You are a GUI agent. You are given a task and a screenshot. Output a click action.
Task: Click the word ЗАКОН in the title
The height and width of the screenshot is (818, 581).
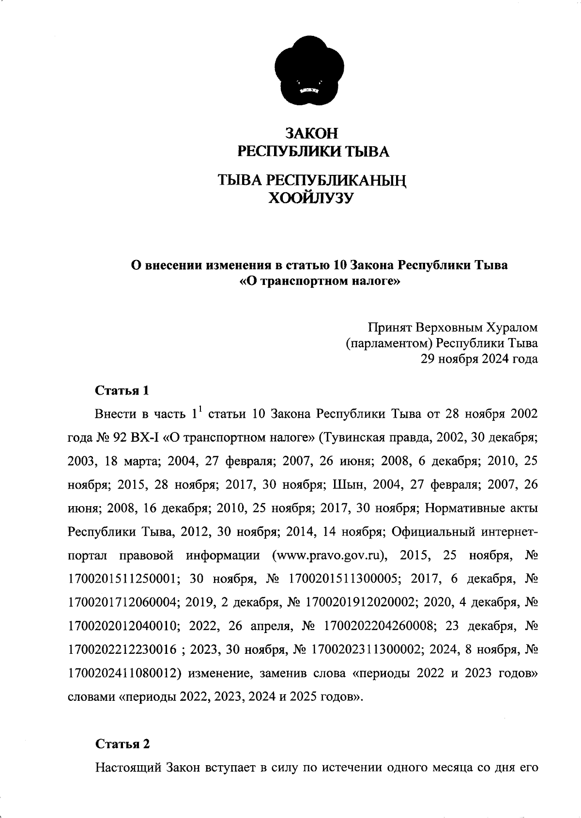coord(311,133)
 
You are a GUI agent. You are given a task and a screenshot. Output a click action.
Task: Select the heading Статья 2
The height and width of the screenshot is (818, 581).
coord(122,744)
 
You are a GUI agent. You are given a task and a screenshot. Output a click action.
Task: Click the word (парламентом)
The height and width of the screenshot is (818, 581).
coord(388,343)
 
